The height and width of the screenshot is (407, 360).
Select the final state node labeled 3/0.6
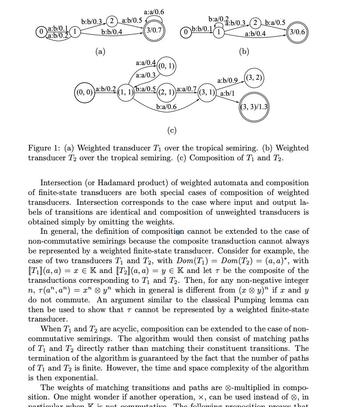click(297, 32)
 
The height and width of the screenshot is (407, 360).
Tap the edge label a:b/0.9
click(227, 81)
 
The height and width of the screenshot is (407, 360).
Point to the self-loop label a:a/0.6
click(154, 12)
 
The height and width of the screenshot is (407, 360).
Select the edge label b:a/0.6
click(166, 107)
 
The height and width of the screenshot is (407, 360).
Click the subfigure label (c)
click(172, 130)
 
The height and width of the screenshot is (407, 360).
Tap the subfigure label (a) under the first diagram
click(100, 51)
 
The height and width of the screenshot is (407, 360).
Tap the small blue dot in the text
click(178, 232)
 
